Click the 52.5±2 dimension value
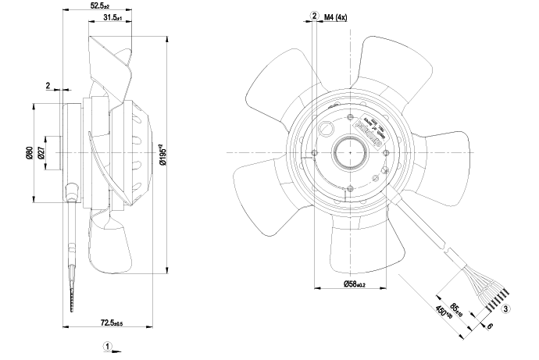(98, 6)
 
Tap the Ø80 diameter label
(30, 153)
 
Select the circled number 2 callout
(314, 16)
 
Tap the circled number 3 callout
(506, 309)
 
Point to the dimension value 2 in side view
(48, 85)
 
